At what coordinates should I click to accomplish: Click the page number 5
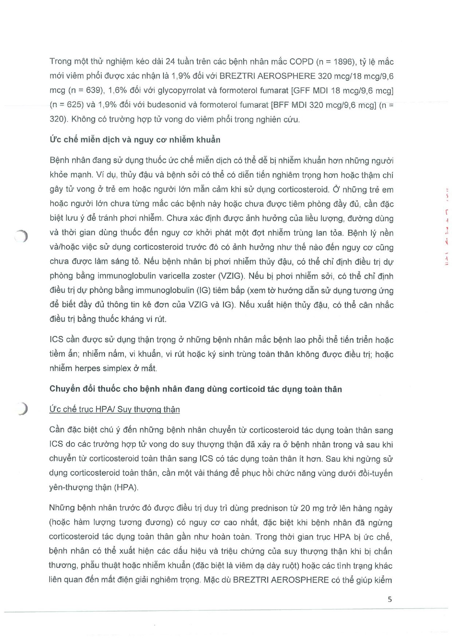(x=390, y=599)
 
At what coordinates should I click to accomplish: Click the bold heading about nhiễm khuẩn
(x=135, y=140)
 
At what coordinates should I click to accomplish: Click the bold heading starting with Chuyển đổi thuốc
(x=196, y=389)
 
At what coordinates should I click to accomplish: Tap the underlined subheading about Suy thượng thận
(x=114, y=410)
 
